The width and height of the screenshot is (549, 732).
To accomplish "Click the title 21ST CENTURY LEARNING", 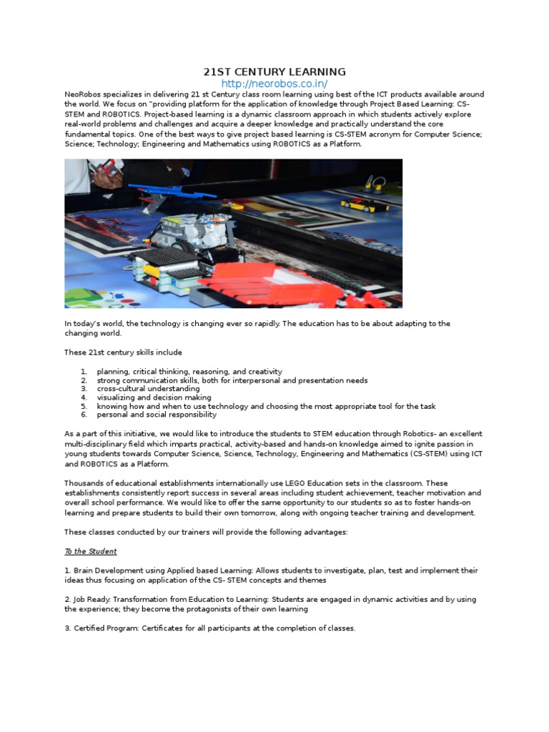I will [274, 72].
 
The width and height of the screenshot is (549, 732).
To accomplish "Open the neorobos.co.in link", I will [274, 84].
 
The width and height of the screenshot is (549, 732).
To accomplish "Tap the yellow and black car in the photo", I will [364, 205].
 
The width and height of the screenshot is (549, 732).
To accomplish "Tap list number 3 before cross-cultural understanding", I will [84, 389].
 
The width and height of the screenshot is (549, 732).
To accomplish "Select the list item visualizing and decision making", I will [154, 397].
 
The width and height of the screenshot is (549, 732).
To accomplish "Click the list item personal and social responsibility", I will [157, 415].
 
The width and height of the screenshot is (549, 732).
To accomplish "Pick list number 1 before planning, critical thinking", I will [84, 372].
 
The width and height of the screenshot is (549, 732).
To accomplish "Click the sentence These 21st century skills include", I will [123, 352].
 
